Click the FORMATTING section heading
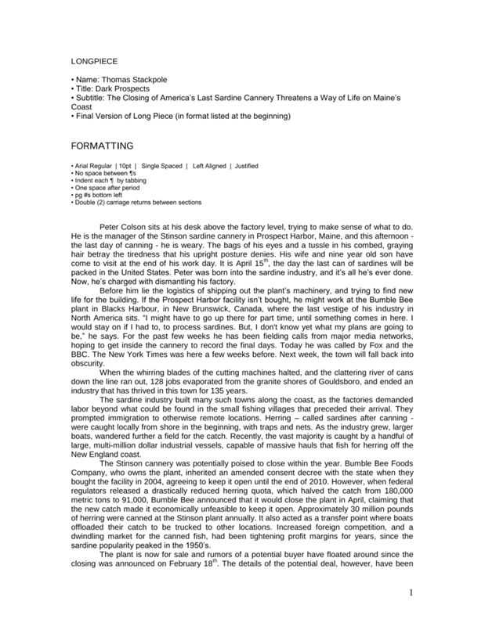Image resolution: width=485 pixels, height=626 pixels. point(103,146)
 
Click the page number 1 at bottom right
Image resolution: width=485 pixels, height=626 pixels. point(411,592)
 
